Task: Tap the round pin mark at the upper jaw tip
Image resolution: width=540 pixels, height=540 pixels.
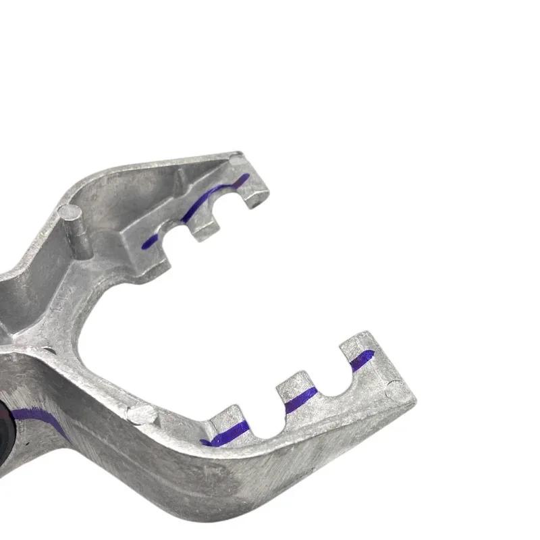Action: click(236, 161)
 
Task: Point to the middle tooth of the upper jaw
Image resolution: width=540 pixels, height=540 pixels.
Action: click(203, 226)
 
